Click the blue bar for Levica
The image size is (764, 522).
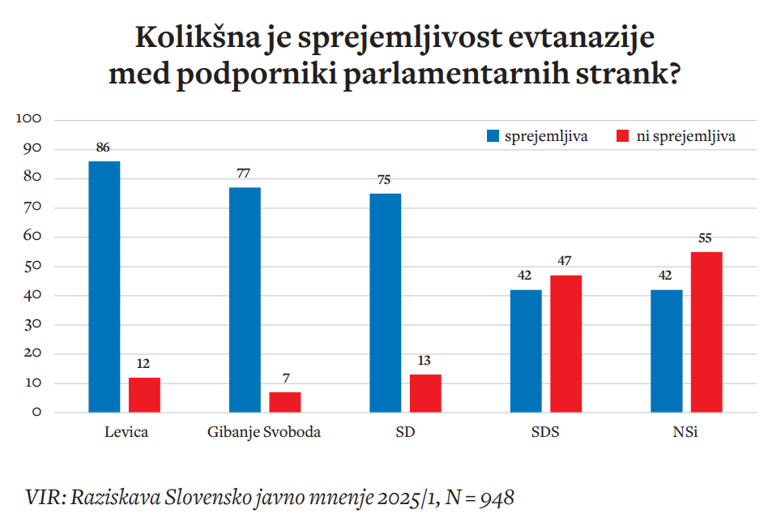104,287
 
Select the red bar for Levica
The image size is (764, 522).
144,395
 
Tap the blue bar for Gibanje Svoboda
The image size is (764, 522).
245,300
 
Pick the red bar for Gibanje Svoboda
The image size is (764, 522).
284,402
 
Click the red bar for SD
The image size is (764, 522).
425,393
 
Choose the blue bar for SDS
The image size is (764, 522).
526,351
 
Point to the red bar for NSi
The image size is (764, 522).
706,332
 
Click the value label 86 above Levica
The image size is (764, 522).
103,148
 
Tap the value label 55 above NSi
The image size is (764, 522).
706,238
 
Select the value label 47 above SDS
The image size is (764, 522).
566,262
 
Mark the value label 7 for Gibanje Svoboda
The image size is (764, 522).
284,379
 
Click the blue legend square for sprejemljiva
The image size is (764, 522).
493,136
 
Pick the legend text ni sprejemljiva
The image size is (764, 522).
686,136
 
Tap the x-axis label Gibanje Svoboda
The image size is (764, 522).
264,432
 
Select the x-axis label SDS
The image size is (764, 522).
545,432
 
